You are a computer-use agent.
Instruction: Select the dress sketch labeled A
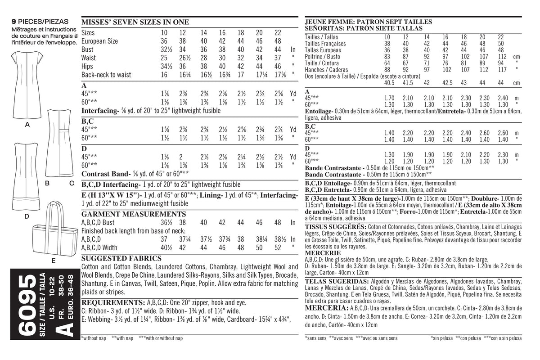click(x=27, y=83)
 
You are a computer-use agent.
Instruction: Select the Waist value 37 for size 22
click(x=277, y=58)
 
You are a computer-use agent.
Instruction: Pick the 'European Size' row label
click(x=99, y=41)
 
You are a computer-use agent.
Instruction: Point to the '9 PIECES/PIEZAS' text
click(x=40, y=22)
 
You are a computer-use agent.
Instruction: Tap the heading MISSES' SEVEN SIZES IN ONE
click(x=135, y=22)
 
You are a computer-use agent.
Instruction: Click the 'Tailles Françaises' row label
click(x=325, y=44)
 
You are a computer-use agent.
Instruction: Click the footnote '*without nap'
click(x=93, y=338)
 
